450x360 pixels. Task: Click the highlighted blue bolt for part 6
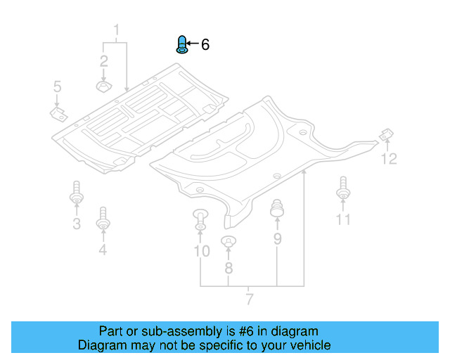coord(181,45)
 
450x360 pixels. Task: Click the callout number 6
coord(205,45)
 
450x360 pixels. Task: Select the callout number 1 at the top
coord(117,30)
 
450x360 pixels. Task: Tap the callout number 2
coord(103,60)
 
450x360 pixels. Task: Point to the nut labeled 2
coord(103,86)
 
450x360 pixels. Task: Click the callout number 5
coord(58,86)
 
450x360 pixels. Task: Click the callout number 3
coord(77,224)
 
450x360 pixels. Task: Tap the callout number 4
coord(103,249)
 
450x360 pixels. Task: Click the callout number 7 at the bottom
coord(249,300)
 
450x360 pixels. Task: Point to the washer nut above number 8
coord(228,243)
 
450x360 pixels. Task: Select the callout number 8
coord(228,268)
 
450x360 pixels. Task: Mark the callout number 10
coord(201,251)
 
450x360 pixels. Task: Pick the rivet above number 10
coord(200,219)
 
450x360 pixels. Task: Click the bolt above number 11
coord(343,188)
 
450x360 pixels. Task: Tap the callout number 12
coord(389,159)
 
